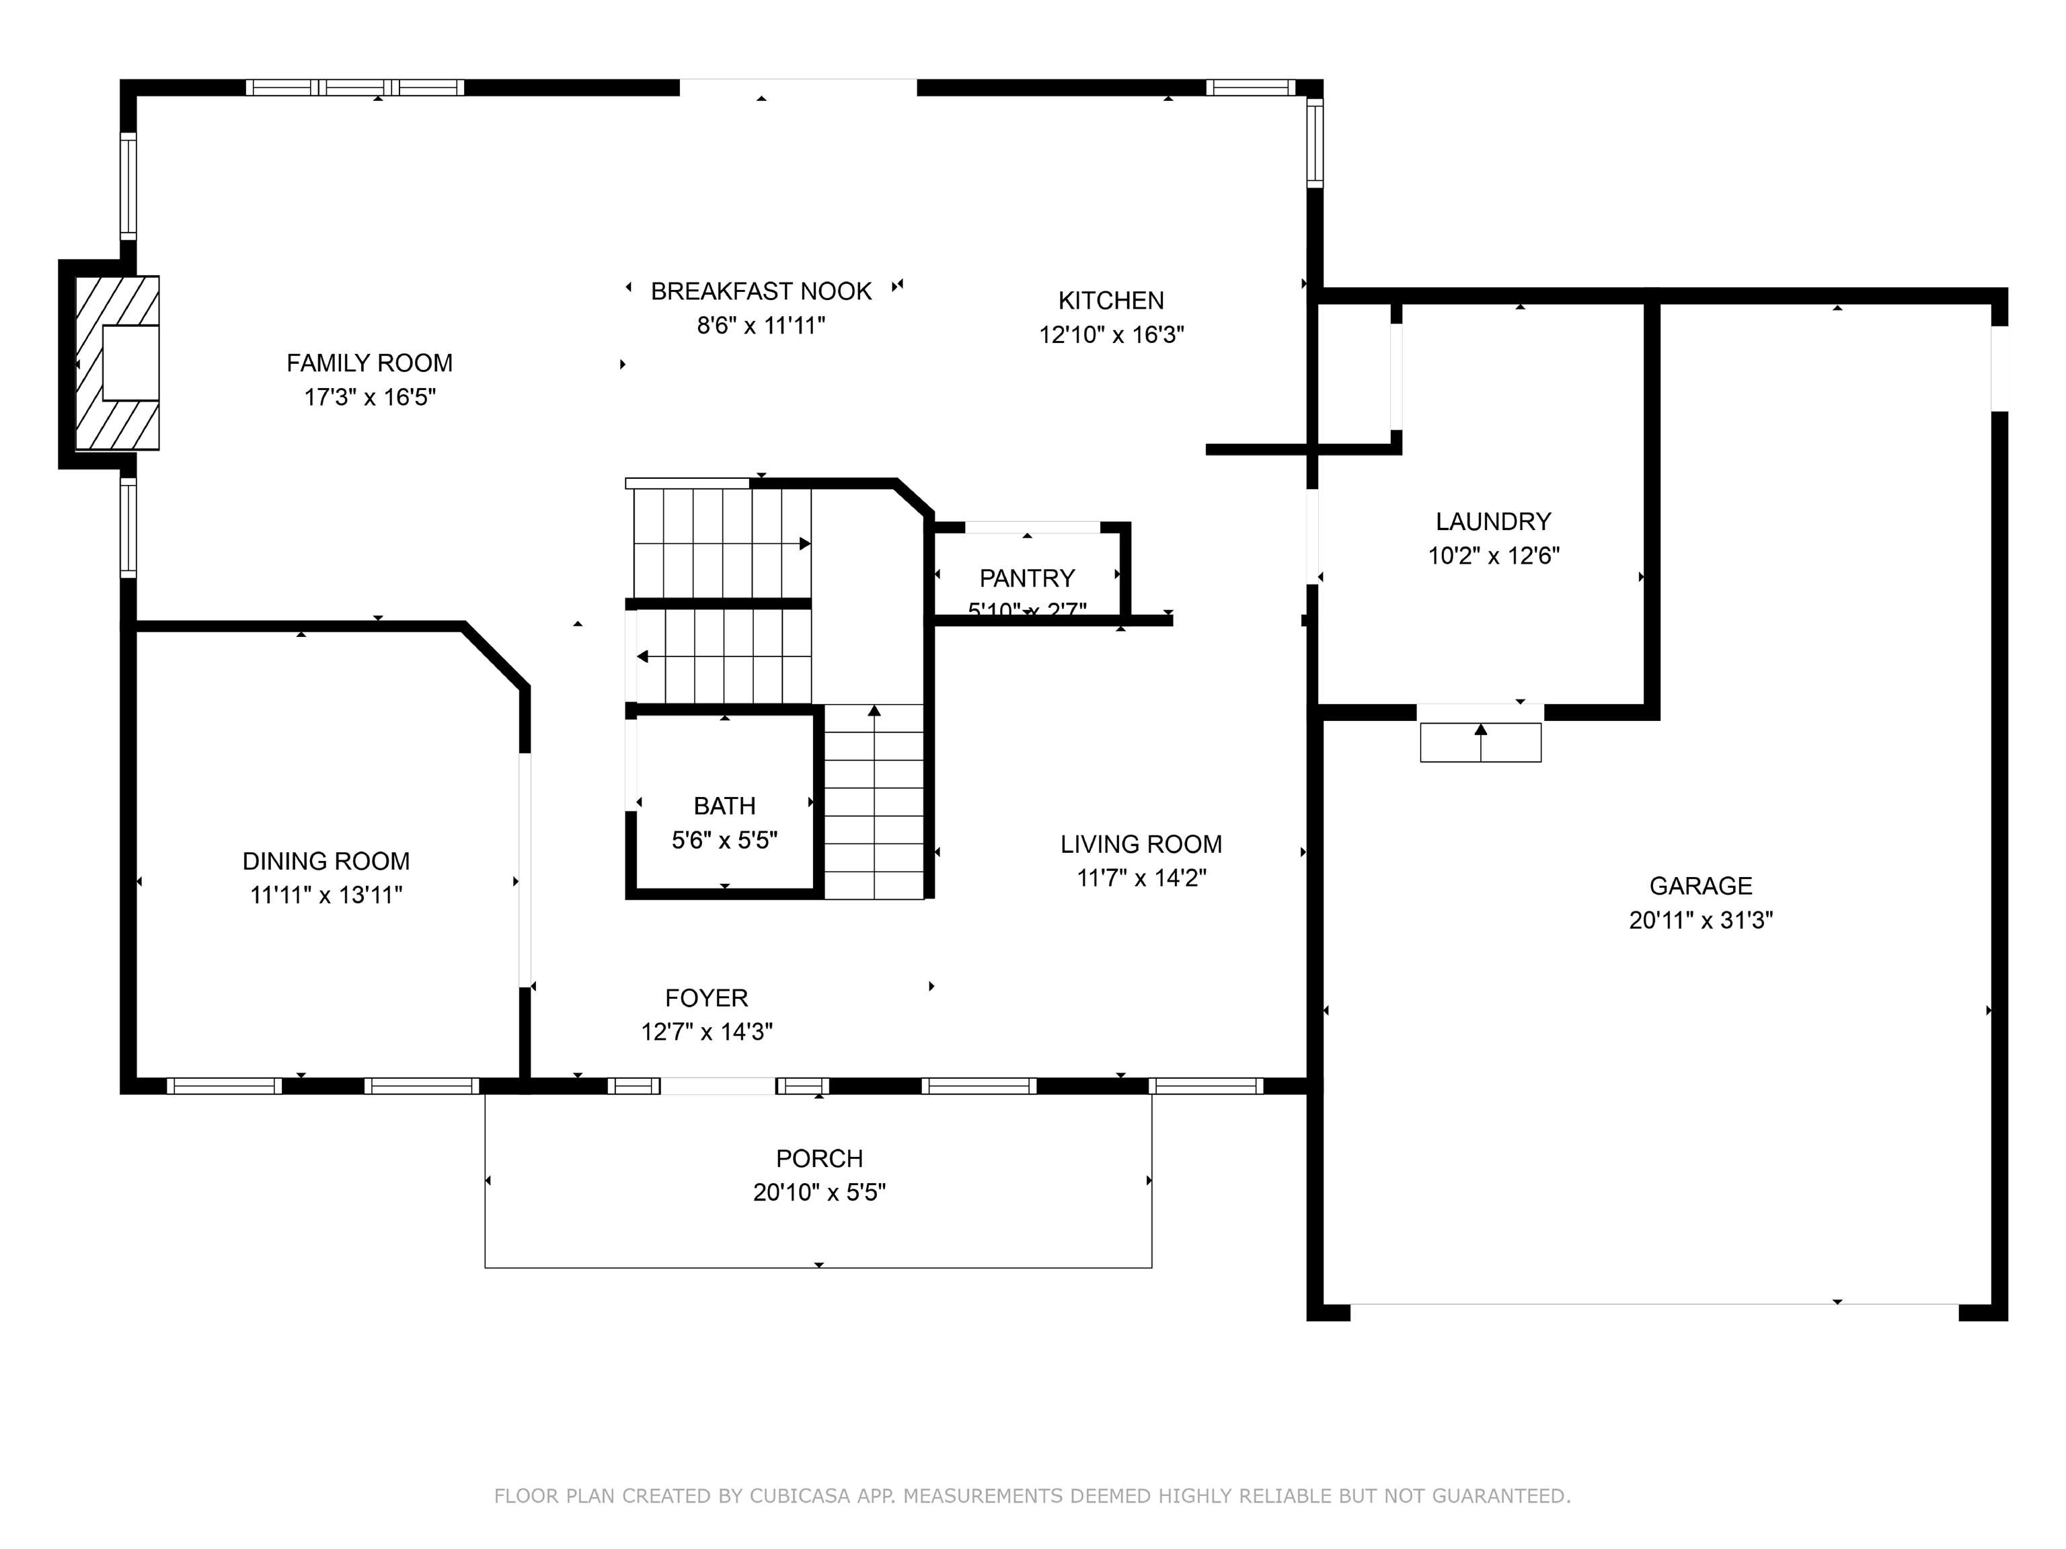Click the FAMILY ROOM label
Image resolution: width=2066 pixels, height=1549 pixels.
(x=369, y=363)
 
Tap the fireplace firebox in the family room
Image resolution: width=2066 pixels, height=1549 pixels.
(x=130, y=363)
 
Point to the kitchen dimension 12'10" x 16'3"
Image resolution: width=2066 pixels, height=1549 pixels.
(x=1112, y=334)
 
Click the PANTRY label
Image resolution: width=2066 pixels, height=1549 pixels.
(x=1026, y=577)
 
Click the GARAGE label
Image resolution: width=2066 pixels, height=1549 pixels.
(x=1700, y=886)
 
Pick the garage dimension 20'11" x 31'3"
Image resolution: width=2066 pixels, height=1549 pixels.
(x=1700, y=920)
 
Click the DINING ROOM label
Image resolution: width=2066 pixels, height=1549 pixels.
(x=326, y=860)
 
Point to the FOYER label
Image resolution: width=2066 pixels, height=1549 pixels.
(x=706, y=997)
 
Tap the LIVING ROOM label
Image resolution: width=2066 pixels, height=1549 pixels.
(x=1141, y=843)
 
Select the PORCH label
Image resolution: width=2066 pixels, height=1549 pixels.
(x=819, y=1158)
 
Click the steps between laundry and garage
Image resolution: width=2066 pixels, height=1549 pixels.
(x=1480, y=743)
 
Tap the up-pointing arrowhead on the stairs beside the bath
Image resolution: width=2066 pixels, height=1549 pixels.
(x=874, y=711)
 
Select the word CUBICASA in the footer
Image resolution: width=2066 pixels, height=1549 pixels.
(x=800, y=1496)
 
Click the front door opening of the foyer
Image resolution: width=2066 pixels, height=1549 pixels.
(x=718, y=1086)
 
